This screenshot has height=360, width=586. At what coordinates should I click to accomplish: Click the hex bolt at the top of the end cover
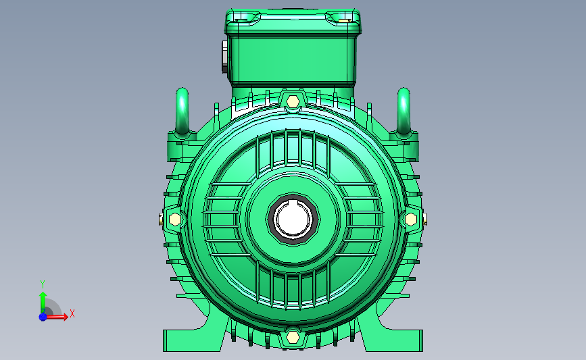pos(293,101)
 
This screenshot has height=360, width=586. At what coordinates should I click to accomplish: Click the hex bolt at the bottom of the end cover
pos(293,337)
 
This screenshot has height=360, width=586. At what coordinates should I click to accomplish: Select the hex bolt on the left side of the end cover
pos(174,220)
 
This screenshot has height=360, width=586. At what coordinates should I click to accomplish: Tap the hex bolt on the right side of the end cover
pos(411,220)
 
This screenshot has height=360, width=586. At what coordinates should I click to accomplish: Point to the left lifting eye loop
pos(182,111)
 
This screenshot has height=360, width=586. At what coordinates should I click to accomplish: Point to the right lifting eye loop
pos(404,111)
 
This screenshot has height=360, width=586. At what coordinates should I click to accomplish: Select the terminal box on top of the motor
pos(293,47)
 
